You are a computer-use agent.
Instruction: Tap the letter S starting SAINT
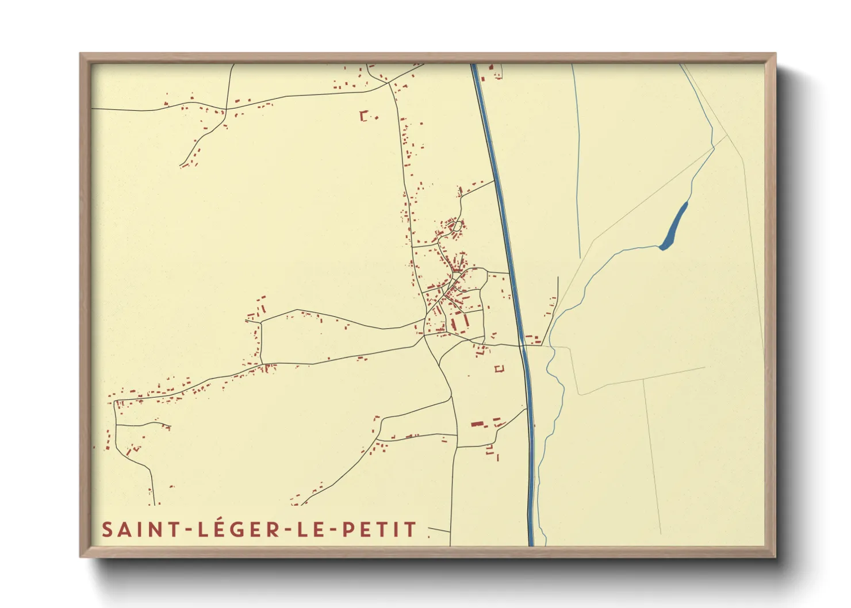(107, 529)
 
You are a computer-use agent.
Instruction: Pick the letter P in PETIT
(348, 529)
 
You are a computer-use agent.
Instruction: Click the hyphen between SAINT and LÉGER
(187, 530)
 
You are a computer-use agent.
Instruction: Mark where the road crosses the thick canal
(522, 345)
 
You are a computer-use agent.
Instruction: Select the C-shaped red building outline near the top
(363, 116)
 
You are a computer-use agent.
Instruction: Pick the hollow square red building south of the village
(499, 368)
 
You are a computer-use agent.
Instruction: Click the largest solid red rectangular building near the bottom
(477, 424)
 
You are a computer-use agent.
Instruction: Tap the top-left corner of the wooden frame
(81, 55)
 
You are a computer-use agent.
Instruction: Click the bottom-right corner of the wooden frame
(775, 556)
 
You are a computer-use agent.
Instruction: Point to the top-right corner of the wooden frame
(775, 55)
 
